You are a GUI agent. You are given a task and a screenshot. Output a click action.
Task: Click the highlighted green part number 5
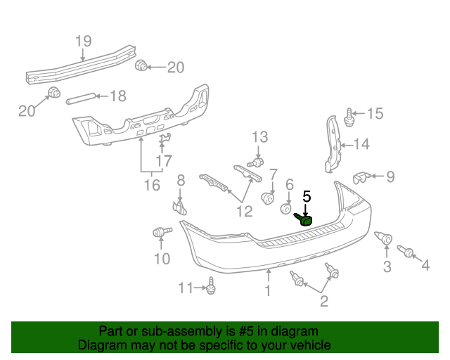click(x=306, y=220)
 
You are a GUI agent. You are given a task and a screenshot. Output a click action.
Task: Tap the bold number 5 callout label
click(x=306, y=196)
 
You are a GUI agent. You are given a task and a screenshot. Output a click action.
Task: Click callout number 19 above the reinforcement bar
click(x=83, y=40)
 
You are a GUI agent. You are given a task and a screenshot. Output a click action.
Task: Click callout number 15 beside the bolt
click(x=375, y=113)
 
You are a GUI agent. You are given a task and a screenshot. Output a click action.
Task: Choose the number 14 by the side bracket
click(x=361, y=145)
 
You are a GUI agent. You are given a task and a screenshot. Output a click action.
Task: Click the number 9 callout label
click(x=390, y=176)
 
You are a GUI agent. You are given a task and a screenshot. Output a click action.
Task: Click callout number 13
click(x=260, y=136)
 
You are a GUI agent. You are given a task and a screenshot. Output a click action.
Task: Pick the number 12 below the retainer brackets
click(x=244, y=210)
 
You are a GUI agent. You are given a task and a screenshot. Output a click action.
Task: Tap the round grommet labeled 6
click(x=287, y=209)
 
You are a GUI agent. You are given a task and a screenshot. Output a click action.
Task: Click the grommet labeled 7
click(x=268, y=198)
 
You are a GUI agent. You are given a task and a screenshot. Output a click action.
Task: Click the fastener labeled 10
click(x=160, y=233)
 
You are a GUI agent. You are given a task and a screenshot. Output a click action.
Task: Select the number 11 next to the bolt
click(x=185, y=287)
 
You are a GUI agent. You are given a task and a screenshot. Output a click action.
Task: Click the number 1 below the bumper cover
click(x=267, y=290)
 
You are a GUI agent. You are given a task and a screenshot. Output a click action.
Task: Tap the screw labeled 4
click(x=406, y=251)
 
